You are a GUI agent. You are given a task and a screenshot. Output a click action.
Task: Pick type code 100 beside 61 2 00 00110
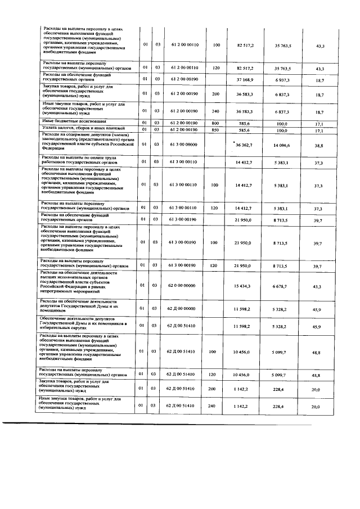tap(216, 44)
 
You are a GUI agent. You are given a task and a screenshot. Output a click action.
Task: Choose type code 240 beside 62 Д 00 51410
tap(216, 406)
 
